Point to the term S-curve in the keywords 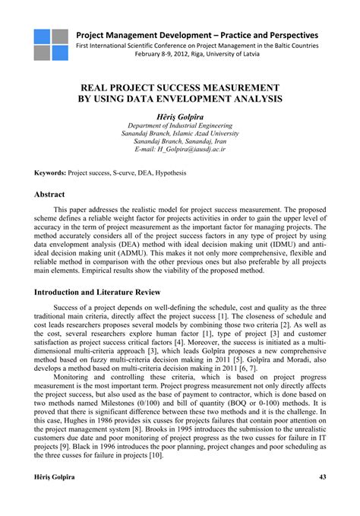129,173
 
